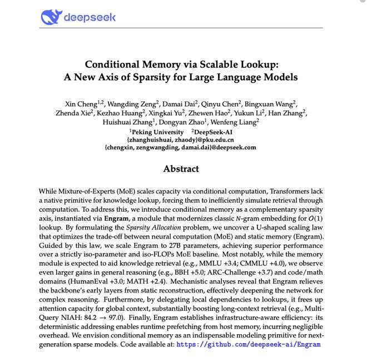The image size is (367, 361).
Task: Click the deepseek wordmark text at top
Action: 90,17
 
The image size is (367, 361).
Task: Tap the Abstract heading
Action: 181,168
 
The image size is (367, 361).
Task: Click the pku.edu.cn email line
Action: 180,139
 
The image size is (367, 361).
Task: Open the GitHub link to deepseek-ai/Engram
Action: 247,344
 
